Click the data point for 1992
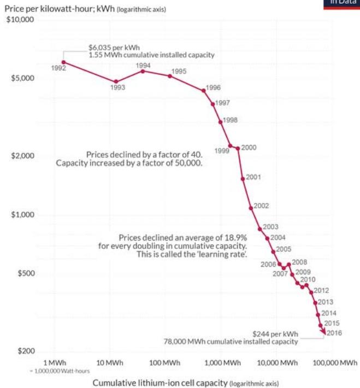pyautogui.click(x=64, y=62)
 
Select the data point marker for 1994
pyautogui.click(x=143, y=71)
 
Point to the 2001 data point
pyautogui.click(x=243, y=178)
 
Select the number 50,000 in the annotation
pyautogui.click(x=184, y=163)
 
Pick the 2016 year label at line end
pyautogui.click(x=334, y=332)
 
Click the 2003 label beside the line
pyautogui.click(x=270, y=227)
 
